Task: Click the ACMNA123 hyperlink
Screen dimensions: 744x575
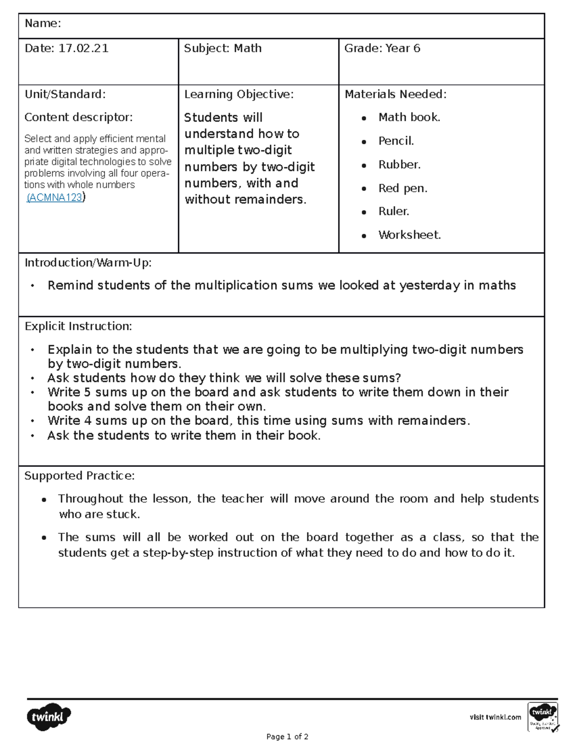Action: (55, 197)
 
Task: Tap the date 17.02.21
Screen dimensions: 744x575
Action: (83, 48)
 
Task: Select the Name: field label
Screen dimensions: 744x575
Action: (43, 23)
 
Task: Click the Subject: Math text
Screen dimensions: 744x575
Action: (223, 48)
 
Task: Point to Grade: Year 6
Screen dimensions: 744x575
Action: (382, 48)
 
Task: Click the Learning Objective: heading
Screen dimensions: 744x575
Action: (239, 94)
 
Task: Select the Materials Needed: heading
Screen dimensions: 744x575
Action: (395, 94)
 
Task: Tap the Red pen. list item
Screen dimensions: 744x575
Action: (402, 188)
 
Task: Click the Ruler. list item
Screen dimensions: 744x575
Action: (393, 211)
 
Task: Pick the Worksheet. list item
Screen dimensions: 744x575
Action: (409, 235)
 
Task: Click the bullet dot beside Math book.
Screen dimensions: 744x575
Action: (364, 118)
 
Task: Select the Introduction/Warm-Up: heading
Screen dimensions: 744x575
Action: (88, 263)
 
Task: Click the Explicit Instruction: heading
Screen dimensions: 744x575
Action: (78, 326)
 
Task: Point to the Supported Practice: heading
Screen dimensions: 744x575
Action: (80, 476)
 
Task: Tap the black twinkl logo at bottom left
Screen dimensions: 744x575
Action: (48, 717)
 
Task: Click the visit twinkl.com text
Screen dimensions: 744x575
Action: (495, 717)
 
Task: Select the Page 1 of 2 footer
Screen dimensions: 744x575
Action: (287, 737)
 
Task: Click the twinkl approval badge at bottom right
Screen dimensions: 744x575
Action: (543, 717)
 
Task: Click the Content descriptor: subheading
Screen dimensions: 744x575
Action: (79, 117)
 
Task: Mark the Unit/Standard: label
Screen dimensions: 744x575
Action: (65, 94)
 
